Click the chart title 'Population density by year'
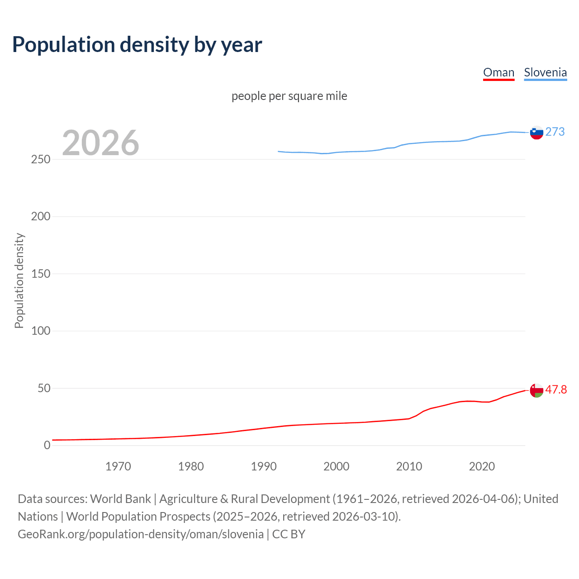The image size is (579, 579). click(137, 45)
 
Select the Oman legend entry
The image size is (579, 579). click(498, 72)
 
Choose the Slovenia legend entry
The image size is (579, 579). click(545, 72)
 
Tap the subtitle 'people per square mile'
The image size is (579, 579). click(289, 96)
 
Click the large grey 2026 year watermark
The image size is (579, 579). click(100, 143)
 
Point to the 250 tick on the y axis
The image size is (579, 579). click(41, 160)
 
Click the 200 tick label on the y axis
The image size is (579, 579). click(41, 217)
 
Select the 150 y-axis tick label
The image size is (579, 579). click(41, 274)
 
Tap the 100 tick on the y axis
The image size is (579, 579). click(41, 331)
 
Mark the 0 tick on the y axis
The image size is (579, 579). click(47, 446)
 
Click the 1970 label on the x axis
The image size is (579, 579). click(118, 466)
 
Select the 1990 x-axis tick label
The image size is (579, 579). click(264, 466)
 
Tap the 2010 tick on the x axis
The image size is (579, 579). click(409, 466)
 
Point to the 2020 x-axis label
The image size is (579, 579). click(482, 466)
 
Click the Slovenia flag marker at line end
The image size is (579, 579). click(536, 133)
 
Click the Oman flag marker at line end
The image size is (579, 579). click(536, 390)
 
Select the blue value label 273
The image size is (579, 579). click(555, 132)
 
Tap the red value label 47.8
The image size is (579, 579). click(556, 389)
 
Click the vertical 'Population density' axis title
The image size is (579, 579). click(19, 280)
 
